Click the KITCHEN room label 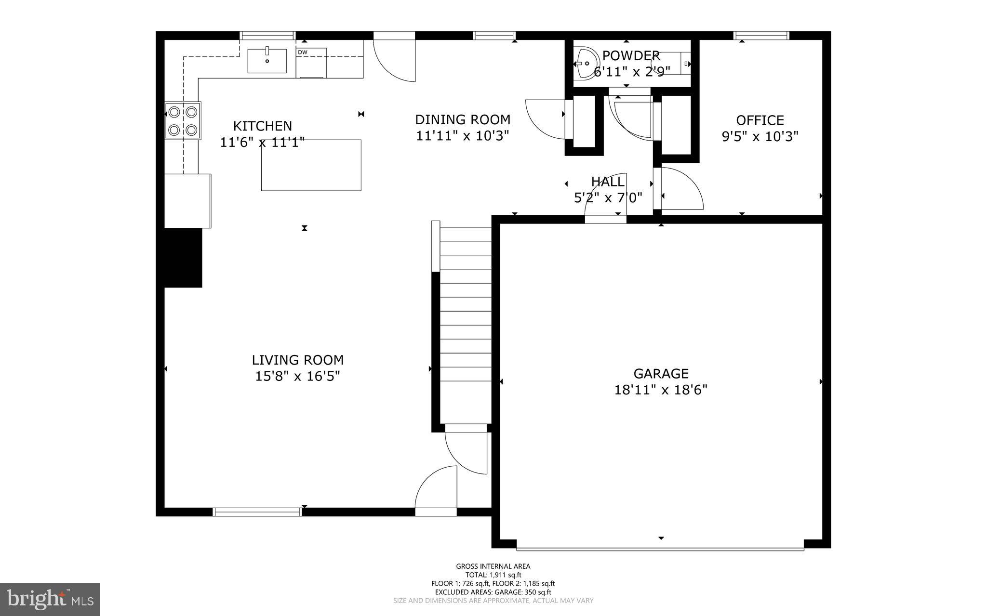point(262,126)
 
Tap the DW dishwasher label point(302,52)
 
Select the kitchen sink point(267,61)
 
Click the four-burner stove point(183,121)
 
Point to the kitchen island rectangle point(311,165)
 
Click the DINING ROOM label point(462,119)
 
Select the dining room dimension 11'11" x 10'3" point(462,136)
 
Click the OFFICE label point(760,120)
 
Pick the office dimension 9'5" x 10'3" point(760,137)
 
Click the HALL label point(608,182)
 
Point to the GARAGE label point(661,373)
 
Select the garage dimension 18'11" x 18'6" point(661,390)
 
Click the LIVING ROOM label point(297,360)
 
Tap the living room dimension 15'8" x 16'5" point(297,376)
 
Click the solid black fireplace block point(183,258)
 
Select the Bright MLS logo point(50,599)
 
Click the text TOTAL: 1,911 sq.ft point(493,575)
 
